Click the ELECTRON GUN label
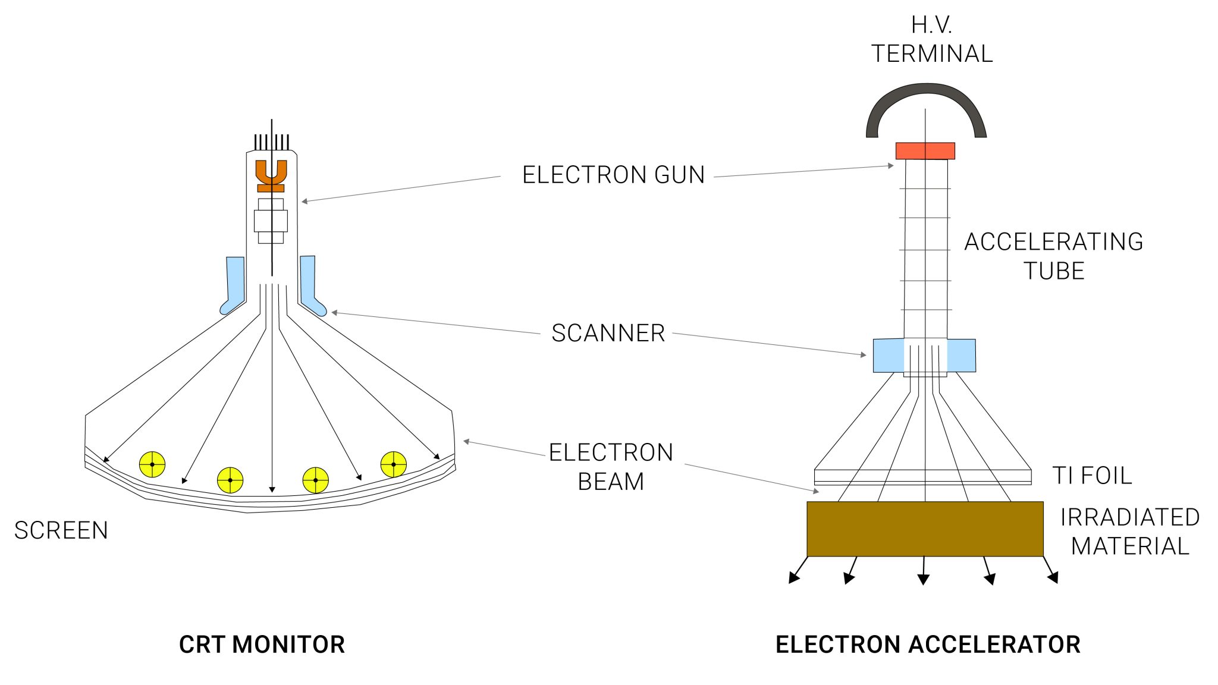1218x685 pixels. tap(613, 175)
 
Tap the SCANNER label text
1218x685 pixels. tap(608, 333)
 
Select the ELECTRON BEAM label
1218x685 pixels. tap(611, 467)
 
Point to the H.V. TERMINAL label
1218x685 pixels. tap(931, 39)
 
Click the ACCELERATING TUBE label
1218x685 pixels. tap(1053, 256)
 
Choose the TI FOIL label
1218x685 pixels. tap(1092, 476)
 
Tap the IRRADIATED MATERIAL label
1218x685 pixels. tap(1129, 532)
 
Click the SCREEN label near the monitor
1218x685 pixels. tap(61, 530)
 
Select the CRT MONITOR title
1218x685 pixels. tap(262, 645)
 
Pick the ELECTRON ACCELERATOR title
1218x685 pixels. tap(928, 645)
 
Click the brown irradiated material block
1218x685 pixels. tap(925, 529)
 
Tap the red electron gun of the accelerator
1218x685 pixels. tap(925, 151)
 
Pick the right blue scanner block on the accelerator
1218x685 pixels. tap(961, 356)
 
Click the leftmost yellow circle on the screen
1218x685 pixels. tap(152, 464)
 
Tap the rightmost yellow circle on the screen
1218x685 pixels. tap(394, 464)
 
